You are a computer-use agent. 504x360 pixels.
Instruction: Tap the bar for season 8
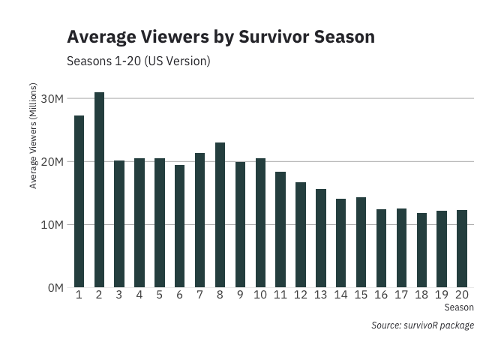click(x=220, y=214)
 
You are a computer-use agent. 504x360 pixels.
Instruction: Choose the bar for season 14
click(x=340, y=243)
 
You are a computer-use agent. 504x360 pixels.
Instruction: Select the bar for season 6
click(x=179, y=226)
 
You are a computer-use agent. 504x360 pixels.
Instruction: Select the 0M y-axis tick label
click(x=55, y=288)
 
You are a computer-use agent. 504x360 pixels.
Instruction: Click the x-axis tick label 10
click(x=260, y=295)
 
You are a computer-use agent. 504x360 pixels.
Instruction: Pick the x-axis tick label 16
click(x=381, y=295)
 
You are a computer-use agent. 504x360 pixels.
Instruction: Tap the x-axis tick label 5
click(x=159, y=295)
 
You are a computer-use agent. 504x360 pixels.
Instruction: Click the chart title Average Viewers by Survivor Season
click(x=220, y=37)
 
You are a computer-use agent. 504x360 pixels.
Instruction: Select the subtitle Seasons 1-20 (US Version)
click(x=139, y=60)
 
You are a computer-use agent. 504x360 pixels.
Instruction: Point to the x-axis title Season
click(x=458, y=307)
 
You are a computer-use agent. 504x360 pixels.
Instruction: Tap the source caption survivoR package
click(x=422, y=325)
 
